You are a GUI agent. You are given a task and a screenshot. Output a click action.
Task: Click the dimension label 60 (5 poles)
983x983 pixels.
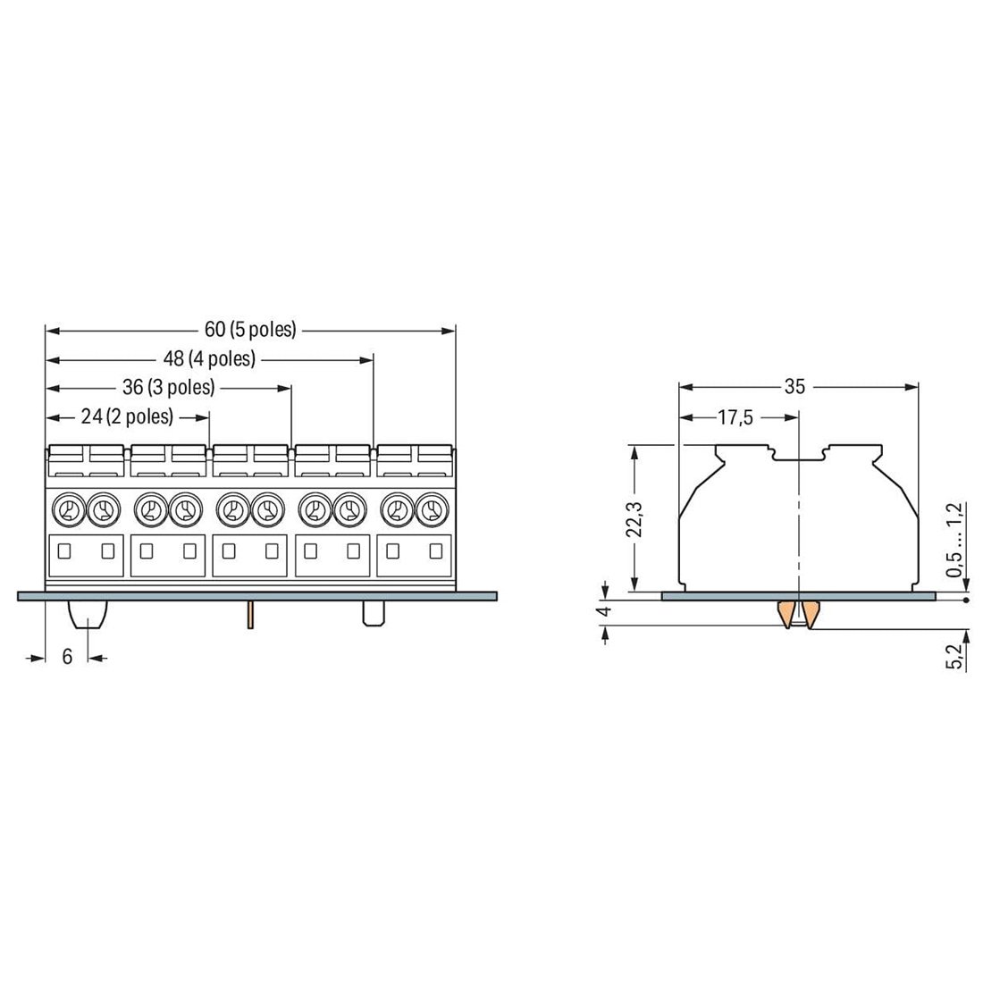250,329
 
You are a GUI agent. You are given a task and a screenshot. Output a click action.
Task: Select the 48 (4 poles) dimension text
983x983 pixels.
209,358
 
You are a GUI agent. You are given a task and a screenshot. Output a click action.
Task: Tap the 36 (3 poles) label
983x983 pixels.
169,388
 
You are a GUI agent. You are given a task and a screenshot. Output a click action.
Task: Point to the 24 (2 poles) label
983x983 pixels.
127,416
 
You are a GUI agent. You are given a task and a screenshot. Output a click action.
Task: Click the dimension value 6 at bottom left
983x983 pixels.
67,657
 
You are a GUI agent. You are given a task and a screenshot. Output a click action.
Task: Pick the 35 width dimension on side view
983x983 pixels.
794,387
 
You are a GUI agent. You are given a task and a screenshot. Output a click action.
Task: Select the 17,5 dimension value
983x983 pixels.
735,417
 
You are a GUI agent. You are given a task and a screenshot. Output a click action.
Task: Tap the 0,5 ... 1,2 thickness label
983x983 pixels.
955,539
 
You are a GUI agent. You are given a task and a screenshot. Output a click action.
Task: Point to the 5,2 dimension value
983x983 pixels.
955,657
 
